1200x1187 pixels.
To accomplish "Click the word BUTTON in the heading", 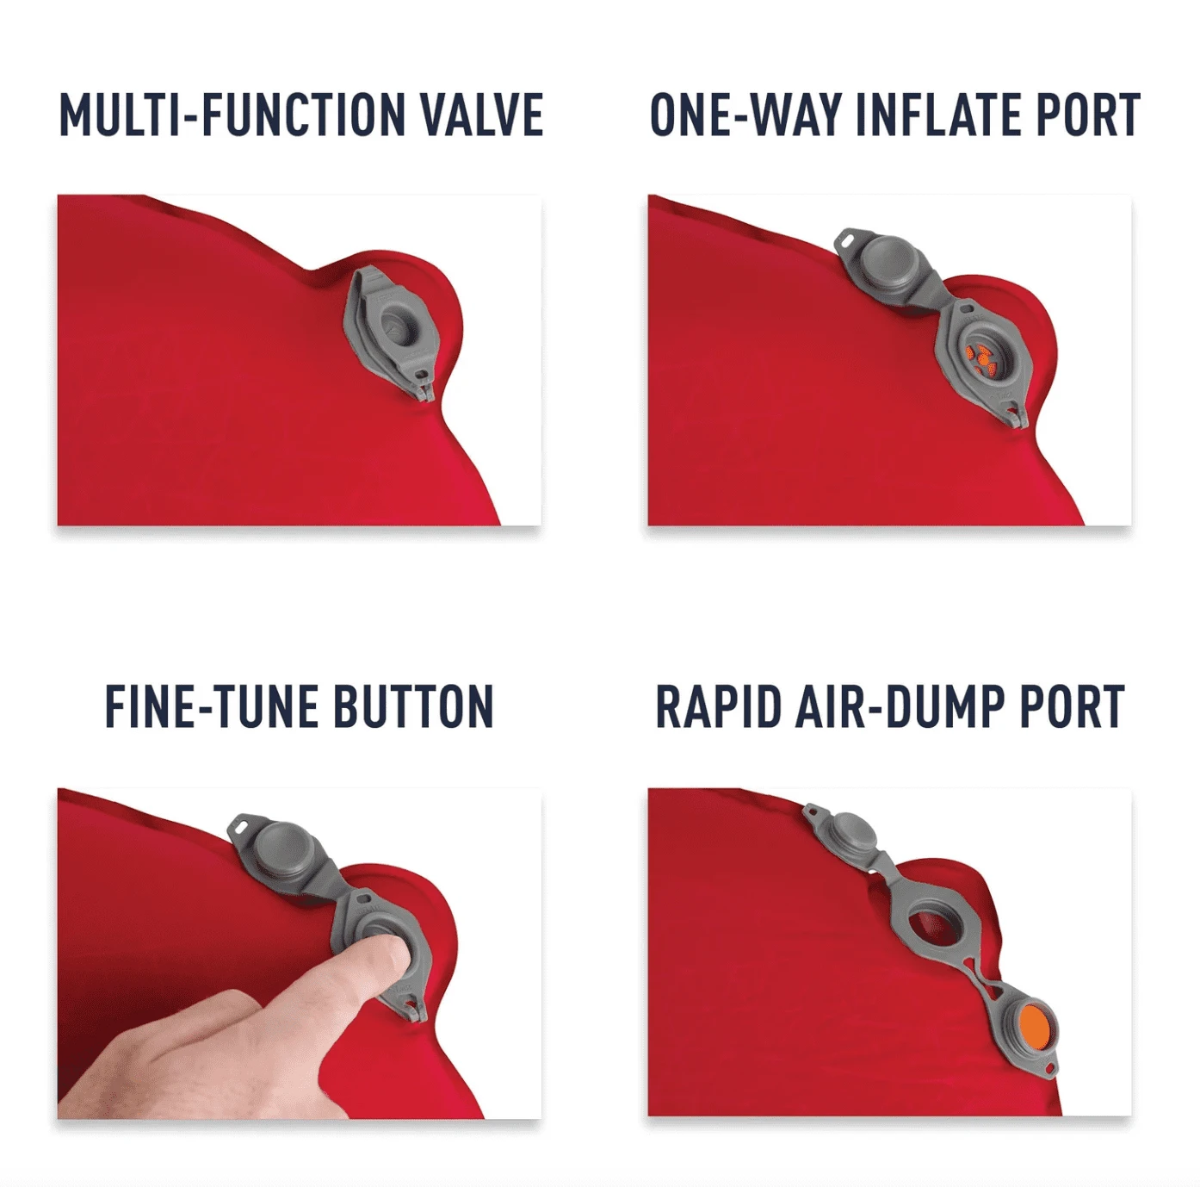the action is (x=413, y=705).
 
